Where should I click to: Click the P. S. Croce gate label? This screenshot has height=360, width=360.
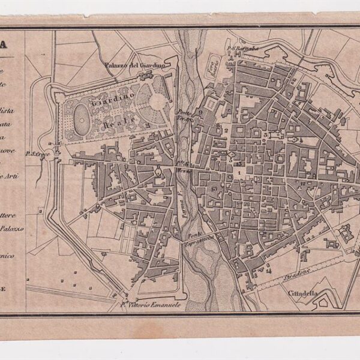click(36, 155)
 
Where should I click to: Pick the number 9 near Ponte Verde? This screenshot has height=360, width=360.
click(201, 112)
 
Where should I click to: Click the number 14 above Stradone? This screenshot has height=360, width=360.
click(269, 271)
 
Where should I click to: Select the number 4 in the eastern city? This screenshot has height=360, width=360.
click(302, 140)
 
